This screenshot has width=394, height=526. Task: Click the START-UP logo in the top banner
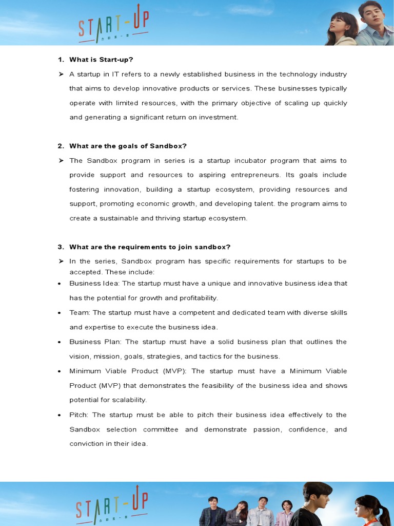113,28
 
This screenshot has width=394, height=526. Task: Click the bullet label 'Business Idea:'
94,284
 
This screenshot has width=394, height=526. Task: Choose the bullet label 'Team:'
80,313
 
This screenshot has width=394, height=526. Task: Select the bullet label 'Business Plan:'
96,342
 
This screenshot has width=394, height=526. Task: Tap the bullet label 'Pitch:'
80,415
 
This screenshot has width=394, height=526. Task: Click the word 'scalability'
129,400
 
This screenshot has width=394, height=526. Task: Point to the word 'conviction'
86,444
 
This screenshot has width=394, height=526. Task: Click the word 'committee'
161,429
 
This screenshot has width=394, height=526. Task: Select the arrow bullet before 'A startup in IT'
61,74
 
